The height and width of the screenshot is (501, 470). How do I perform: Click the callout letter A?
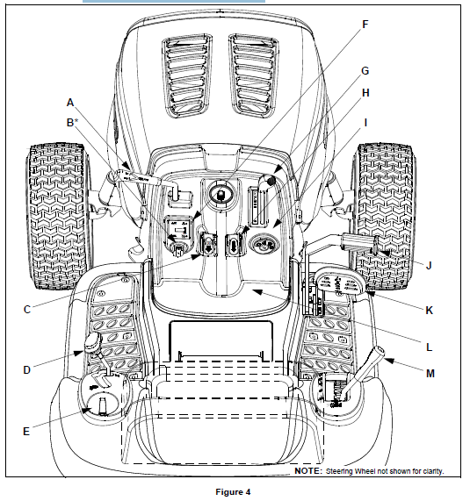tap(70, 103)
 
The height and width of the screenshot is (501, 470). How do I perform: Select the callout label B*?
tap(72, 122)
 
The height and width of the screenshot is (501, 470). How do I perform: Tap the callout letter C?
tap(27, 310)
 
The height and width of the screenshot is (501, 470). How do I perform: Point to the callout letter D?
tap(27, 369)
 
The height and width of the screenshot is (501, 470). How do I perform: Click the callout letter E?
tap(26, 432)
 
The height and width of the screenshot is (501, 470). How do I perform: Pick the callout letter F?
tap(365, 25)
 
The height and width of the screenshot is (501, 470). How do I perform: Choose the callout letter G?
tap(365, 70)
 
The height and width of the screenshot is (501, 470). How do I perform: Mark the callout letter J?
tap(429, 265)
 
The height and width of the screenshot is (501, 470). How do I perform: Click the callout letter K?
tap(429, 310)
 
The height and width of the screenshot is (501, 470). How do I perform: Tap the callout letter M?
tap(430, 373)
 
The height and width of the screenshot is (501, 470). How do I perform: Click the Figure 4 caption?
tap(233, 491)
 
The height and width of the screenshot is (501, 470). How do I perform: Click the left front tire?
tap(57, 217)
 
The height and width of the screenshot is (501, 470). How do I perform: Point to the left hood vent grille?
tap(187, 75)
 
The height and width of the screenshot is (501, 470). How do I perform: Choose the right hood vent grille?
tap(253, 75)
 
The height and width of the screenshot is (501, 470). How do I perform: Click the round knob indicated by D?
tap(93, 341)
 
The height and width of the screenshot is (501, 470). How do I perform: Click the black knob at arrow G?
tap(271, 181)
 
